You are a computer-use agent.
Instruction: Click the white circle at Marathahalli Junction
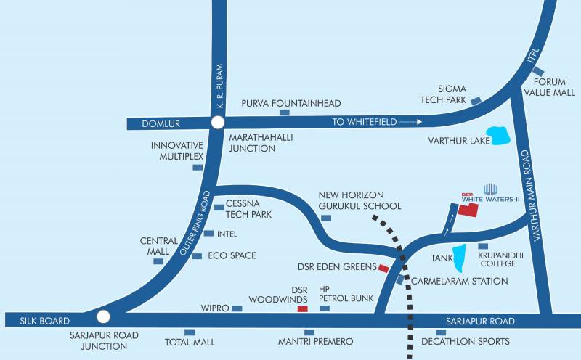[x=217, y=123]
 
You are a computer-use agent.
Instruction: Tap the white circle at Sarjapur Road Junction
[x=103, y=316]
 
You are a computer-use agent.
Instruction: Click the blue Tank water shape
[x=459, y=256]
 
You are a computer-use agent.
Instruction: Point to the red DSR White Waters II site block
[x=468, y=210]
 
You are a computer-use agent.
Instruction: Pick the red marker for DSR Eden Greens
[x=383, y=268]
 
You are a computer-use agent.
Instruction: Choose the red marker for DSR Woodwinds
[x=303, y=309]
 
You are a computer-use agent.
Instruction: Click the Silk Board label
[x=35, y=321]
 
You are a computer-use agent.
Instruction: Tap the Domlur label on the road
[x=155, y=123]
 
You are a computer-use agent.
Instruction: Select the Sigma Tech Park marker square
[x=476, y=101]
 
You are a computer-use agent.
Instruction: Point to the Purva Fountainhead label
[x=291, y=103]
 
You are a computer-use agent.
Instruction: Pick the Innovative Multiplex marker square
[x=198, y=167]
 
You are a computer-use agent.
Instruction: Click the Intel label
[x=227, y=234]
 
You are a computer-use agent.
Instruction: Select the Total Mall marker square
[x=190, y=332]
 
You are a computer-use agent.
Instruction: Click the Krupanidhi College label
[x=497, y=259]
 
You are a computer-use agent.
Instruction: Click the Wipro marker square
[x=237, y=308]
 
